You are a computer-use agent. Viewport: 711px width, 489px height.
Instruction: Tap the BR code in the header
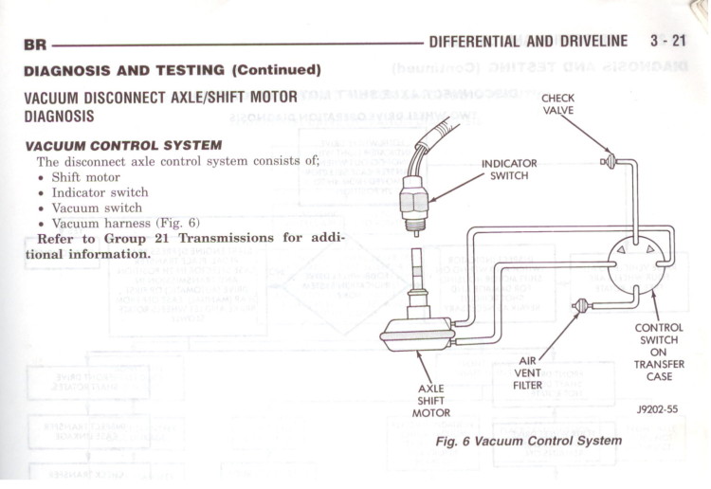tap(35, 45)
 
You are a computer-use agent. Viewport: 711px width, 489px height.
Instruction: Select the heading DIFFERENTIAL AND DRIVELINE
tap(528, 41)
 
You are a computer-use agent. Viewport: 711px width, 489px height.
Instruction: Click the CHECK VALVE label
tap(557, 103)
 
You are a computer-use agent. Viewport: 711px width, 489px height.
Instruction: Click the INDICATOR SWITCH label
tap(509, 170)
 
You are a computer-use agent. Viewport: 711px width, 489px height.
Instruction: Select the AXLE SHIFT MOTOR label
tap(431, 400)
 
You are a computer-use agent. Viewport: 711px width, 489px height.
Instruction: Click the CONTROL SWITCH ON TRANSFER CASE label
tap(658, 353)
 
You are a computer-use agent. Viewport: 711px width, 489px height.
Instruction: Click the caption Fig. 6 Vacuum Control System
tap(528, 441)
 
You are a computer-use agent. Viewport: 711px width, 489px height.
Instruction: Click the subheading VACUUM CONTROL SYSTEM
tap(123, 145)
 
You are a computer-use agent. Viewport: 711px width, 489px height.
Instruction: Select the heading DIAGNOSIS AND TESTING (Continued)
tap(172, 70)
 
